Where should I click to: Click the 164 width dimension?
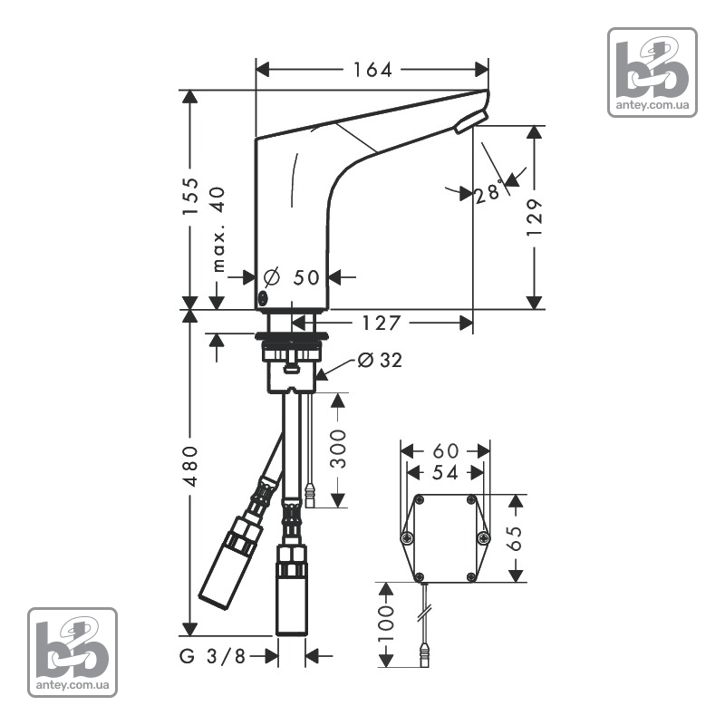pos(372,70)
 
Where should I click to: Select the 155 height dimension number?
pos(190,196)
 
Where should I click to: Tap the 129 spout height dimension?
pos(534,217)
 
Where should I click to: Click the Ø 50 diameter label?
pos(291,277)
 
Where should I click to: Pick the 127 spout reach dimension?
pos(381,324)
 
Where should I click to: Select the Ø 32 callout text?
pos(380,360)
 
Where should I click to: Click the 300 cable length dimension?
pos(338,449)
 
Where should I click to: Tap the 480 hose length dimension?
pos(190,467)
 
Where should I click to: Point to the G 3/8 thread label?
pos(212,656)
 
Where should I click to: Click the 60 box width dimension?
pos(445,450)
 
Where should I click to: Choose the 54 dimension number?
pos(445,472)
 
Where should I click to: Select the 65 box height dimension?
pos(514,538)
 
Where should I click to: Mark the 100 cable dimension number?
pos(386,624)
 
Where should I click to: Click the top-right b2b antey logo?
pos(652,72)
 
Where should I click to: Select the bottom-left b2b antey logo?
pos(72,652)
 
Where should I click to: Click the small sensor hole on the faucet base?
pos(262,298)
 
